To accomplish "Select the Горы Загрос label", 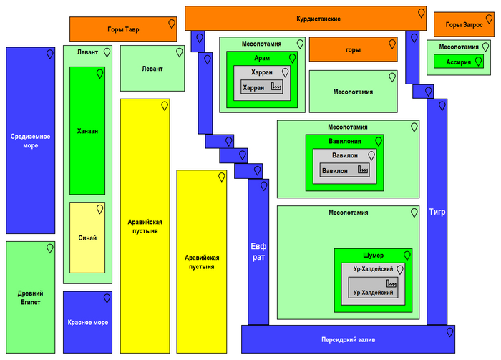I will (x=463, y=25).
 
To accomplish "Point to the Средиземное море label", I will (x=30, y=140).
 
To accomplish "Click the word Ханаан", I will (x=87, y=132).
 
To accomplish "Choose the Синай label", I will (x=87, y=238).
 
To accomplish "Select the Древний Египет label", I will (x=30, y=298).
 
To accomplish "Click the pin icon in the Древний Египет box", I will (x=50, y=248).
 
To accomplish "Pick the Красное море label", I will (x=88, y=323).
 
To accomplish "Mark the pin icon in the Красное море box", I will (x=107, y=298).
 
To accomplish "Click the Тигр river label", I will (x=437, y=212).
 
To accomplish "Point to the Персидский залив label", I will (x=348, y=339).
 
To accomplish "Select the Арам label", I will (x=262, y=58).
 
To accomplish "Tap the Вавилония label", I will (x=344, y=141).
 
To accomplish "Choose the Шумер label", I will (x=373, y=256).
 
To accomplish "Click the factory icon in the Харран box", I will (x=276, y=87).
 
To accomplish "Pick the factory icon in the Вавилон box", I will (x=364, y=170).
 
